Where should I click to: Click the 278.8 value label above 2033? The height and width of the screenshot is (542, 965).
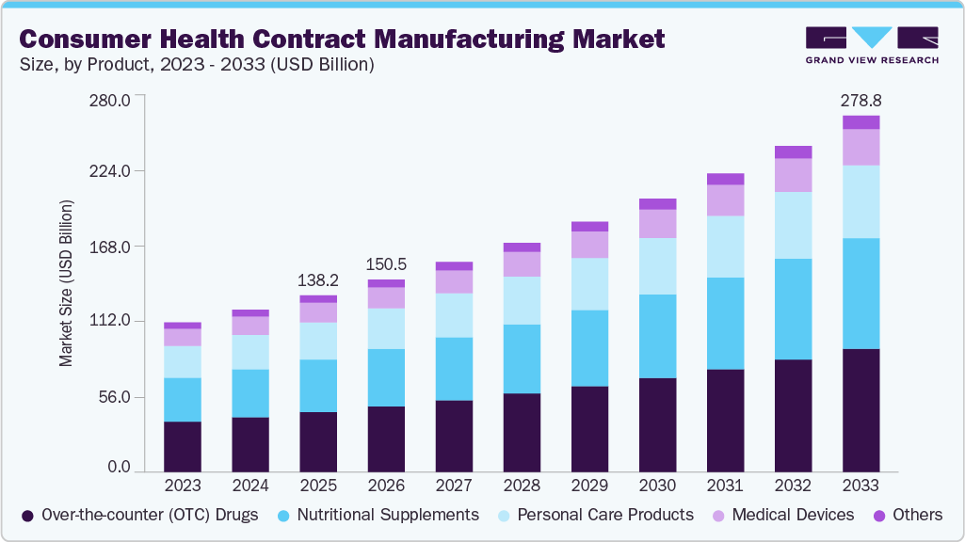[x=860, y=100]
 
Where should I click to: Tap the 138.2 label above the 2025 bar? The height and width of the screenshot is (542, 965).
[x=318, y=279]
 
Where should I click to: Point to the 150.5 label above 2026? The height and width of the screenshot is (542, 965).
[x=386, y=263]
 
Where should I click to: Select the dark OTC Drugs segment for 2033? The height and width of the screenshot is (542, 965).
[x=860, y=410]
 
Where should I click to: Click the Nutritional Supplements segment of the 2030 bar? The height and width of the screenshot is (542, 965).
[x=657, y=336]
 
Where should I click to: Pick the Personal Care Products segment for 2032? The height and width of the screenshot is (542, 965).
[x=793, y=225]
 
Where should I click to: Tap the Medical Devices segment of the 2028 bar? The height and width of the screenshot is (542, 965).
[x=522, y=263]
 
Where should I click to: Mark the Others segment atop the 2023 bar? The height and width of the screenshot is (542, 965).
[x=182, y=325]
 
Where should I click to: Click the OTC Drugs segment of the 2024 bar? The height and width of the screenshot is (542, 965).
[x=250, y=444]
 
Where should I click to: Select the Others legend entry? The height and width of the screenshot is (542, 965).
[x=907, y=515]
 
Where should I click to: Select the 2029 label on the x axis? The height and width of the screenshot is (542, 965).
[x=589, y=486]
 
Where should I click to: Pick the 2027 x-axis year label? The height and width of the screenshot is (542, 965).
[x=454, y=486]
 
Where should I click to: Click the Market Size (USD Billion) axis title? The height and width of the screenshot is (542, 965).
[x=66, y=282]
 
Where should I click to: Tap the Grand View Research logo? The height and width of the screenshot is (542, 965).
[x=872, y=45]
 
